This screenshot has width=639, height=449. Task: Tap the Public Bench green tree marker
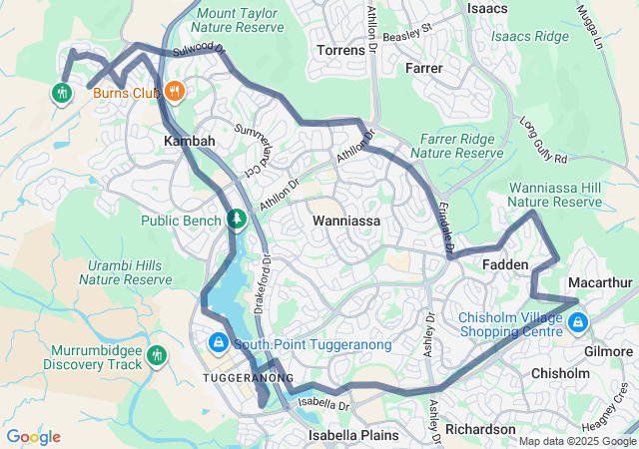coord(237,219)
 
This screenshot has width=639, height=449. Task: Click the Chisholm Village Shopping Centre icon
coord(578,322)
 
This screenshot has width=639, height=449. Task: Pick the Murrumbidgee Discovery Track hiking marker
coord(156,355)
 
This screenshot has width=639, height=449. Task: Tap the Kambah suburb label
coord(189,142)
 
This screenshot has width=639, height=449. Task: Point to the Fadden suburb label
coord(504,264)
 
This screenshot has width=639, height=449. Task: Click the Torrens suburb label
coord(340,49)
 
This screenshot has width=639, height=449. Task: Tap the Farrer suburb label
coord(424,68)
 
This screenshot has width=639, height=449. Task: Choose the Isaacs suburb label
coord(488,9)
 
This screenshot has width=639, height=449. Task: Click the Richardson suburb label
coord(480,429)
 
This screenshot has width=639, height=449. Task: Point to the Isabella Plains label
coord(352,435)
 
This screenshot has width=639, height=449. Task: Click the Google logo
coord(33,437)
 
